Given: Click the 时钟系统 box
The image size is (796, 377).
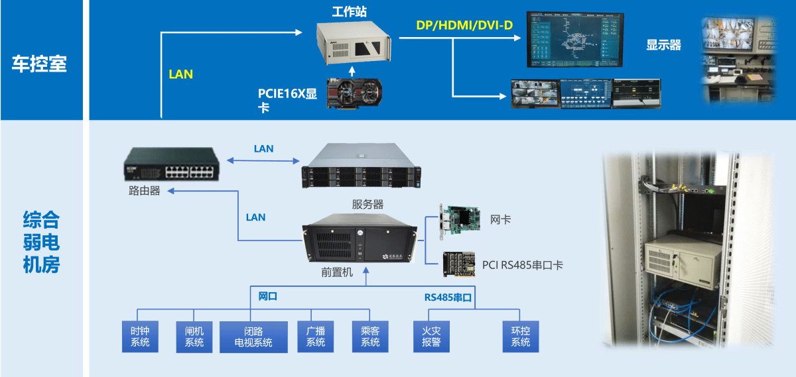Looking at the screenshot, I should [x=140, y=337].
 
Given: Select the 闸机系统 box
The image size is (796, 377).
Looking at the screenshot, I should [x=194, y=337].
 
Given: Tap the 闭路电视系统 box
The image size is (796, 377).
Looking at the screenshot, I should [x=253, y=337].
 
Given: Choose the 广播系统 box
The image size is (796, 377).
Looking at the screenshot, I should [x=315, y=337].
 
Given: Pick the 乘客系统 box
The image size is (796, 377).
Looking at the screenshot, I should [x=370, y=337].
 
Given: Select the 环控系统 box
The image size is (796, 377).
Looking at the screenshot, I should [x=521, y=337].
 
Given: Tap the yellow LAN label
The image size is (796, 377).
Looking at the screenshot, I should [x=180, y=74].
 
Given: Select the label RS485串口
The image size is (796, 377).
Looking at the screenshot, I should [x=448, y=297].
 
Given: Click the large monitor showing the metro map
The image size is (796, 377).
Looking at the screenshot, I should [x=574, y=39].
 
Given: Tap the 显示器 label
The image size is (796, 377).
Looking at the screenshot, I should [x=663, y=45].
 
